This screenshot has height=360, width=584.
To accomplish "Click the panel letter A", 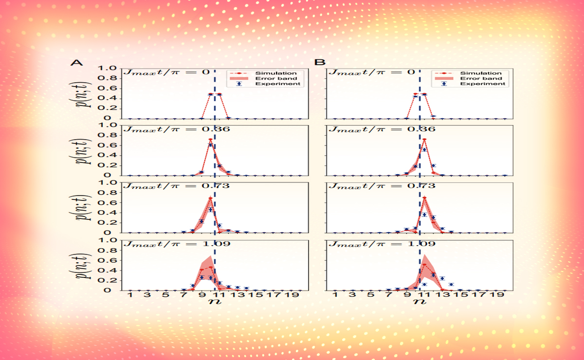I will (75, 62).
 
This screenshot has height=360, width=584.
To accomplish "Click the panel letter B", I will (320, 62).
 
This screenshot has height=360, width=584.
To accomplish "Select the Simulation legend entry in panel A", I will (276, 73).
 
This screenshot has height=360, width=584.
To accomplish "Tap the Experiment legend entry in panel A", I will (276, 84).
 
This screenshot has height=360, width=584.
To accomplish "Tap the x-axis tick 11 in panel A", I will (219, 295).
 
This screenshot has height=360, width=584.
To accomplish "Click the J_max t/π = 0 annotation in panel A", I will (165, 72).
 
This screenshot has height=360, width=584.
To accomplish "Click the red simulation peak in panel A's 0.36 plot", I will (210, 139).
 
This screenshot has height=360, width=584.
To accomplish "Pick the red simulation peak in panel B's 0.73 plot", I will (424, 198).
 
